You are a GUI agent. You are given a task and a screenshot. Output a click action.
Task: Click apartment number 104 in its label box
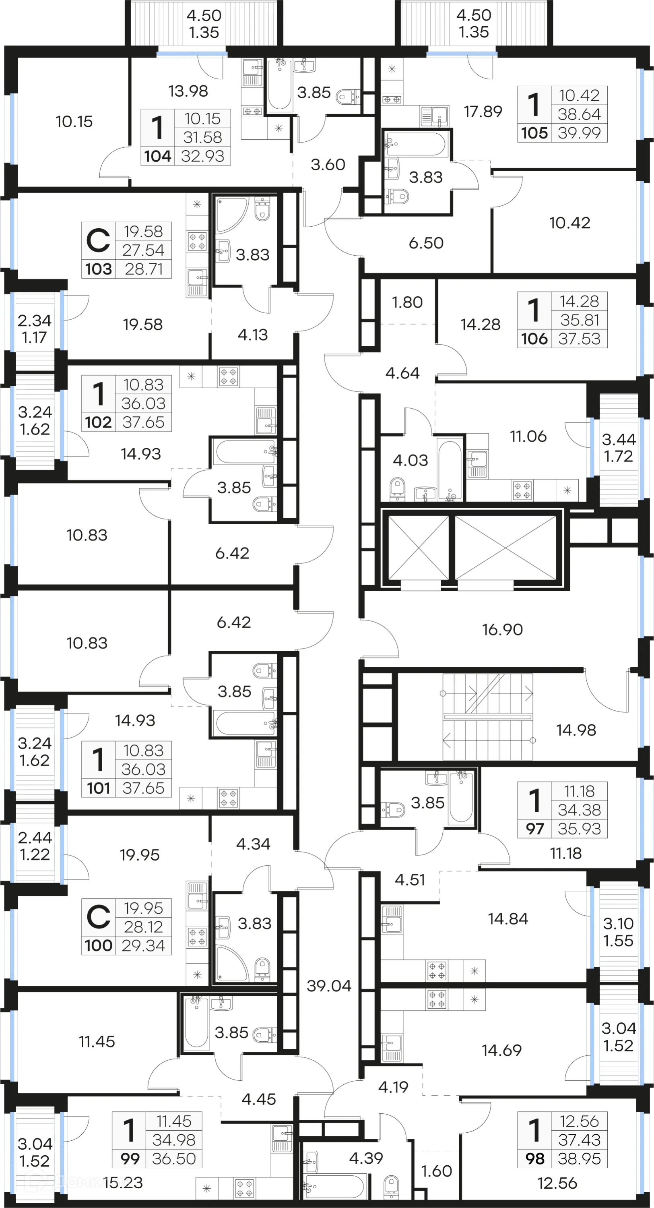point(157,156)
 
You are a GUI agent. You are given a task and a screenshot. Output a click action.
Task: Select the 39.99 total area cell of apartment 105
point(579,133)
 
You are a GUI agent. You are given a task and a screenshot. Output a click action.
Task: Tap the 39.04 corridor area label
point(329,986)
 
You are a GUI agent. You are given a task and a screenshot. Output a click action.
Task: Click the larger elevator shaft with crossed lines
point(505,548)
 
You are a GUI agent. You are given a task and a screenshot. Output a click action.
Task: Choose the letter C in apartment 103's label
point(99,240)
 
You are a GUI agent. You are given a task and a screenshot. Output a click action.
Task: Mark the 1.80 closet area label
point(407,302)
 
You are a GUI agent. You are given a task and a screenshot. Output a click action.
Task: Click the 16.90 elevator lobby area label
point(502,629)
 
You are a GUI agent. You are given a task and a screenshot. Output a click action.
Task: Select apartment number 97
point(534,829)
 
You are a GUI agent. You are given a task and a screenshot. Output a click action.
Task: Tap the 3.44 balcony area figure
point(618,439)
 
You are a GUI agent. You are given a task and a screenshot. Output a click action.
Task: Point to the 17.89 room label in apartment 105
point(483,112)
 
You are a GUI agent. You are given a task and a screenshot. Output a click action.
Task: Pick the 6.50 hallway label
point(426,243)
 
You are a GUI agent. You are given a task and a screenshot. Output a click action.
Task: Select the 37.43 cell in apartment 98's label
point(579,1140)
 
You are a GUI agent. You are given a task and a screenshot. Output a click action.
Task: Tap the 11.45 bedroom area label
point(97,1042)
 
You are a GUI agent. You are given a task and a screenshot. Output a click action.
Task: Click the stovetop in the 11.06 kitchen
point(522,490)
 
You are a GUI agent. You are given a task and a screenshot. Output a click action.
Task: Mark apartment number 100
point(99,945)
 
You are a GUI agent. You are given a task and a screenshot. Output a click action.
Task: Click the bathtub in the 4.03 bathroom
point(449,469)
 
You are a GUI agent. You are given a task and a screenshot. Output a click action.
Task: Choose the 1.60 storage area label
point(436,1171)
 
